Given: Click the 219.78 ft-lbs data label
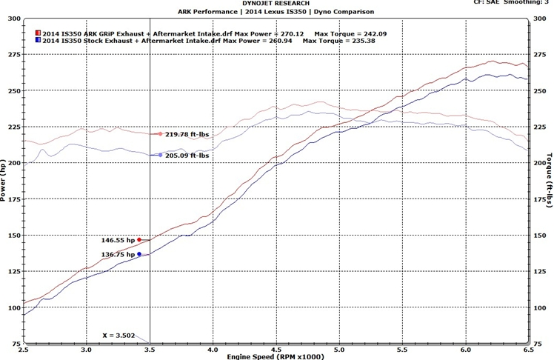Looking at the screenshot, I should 188,134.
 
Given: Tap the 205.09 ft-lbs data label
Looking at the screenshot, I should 188,156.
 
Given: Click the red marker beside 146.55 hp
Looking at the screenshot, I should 139,240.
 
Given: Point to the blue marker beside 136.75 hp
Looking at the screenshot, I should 139,254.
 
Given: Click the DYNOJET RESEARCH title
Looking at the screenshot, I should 276,4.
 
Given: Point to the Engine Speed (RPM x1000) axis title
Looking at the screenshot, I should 276,356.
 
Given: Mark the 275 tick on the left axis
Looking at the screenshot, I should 12,55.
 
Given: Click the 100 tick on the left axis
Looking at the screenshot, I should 12,308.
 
